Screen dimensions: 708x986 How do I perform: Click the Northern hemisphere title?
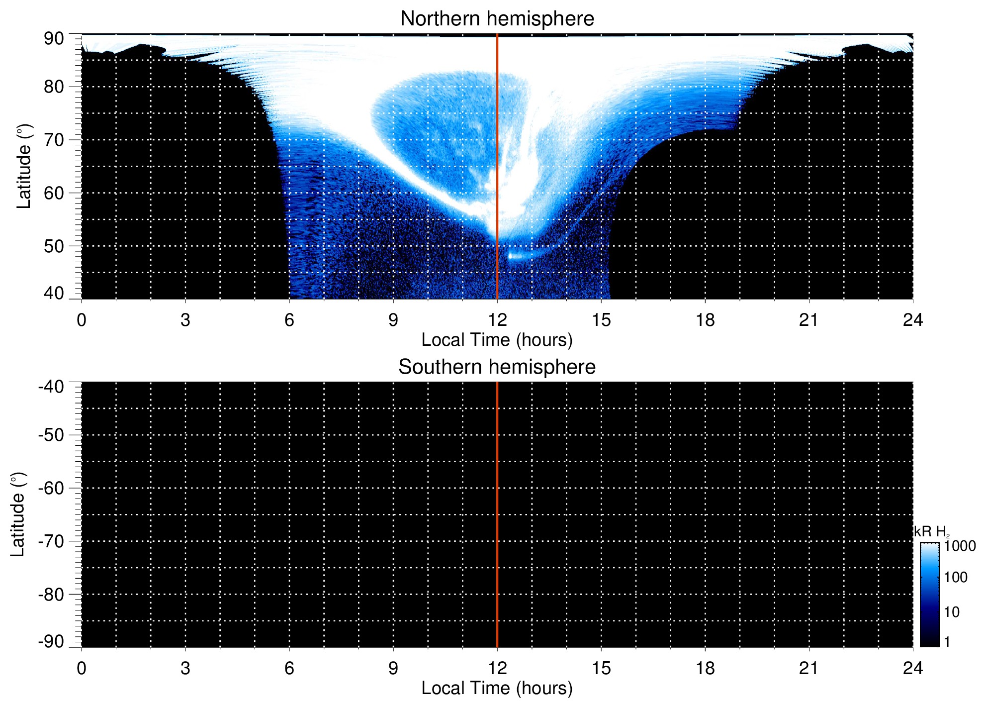[x=497, y=19]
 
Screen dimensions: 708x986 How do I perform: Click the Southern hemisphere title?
[x=497, y=367]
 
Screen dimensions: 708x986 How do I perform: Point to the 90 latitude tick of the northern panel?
[x=54, y=38]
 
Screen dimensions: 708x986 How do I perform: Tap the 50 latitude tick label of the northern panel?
[x=54, y=246]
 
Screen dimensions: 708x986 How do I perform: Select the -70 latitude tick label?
[x=51, y=541]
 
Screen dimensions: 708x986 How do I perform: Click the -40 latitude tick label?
[x=51, y=387]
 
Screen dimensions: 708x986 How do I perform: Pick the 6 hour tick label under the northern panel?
[x=289, y=320]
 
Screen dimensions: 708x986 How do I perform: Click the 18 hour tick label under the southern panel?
[x=705, y=668]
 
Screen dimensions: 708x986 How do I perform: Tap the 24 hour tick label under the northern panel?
[x=912, y=320]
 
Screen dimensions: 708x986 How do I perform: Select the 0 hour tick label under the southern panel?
[x=82, y=668]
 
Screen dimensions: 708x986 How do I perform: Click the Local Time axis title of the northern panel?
[x=497, y=340]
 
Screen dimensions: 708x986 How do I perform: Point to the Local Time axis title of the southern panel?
[x=497, y=688]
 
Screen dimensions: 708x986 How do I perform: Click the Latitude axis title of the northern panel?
[x=24, y=166]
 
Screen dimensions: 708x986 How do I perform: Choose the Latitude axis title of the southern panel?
[x=18, y=514]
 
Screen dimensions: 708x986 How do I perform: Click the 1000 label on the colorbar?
[x=960, y=546]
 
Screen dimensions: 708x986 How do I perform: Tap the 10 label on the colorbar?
[x=952, y=612]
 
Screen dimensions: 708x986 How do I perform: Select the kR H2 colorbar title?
[x=931, y=532]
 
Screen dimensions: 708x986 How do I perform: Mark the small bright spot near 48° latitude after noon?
[x=512, y=256]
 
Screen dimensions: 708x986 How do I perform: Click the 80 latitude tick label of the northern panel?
[x=54, y=87]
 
